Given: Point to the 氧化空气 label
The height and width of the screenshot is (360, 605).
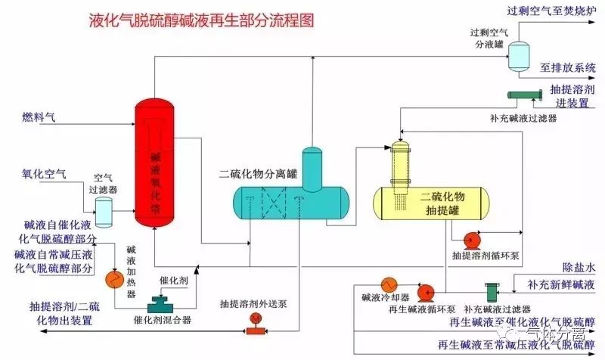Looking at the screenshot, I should [x=43, y=174].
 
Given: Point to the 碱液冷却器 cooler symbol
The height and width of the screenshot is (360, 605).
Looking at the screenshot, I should [x=389, y=284].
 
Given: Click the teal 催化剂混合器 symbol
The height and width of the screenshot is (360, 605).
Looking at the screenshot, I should [x=161, y=304].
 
